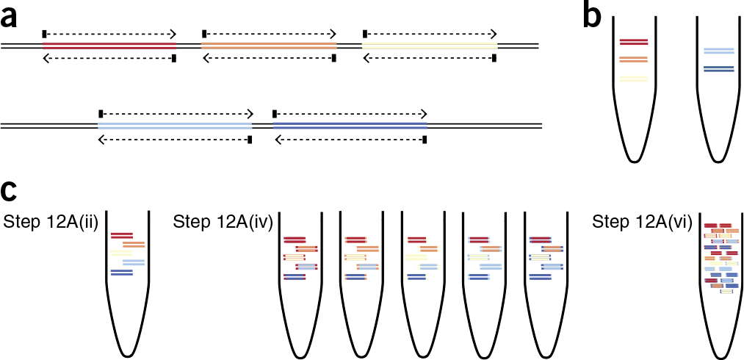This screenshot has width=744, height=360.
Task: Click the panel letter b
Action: click(x=591, y=16)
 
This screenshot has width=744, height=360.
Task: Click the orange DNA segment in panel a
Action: click(x=269, y=46)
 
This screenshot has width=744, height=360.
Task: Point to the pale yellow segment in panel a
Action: click(x=430, y=46)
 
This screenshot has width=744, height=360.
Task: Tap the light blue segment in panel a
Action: click(x=175, y=126)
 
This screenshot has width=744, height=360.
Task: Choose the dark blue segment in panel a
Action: click(x=350, y=126)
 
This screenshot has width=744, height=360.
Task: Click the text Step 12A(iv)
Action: click(x=223, y=222)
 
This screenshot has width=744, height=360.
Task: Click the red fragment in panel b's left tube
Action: click(x=633, y=42)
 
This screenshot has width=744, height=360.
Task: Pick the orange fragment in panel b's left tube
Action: click(x=633, y=60)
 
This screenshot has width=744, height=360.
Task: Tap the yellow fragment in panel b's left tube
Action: click(x=633, y=79)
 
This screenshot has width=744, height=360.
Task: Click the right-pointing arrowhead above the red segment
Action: click(x=173, y=34)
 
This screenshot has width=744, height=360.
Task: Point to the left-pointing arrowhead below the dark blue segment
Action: click(x=276, y=139)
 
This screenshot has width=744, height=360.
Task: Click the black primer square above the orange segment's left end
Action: click(x=204, y=34)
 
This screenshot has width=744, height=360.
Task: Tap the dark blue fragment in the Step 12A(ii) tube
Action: click(x=121, y=273)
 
